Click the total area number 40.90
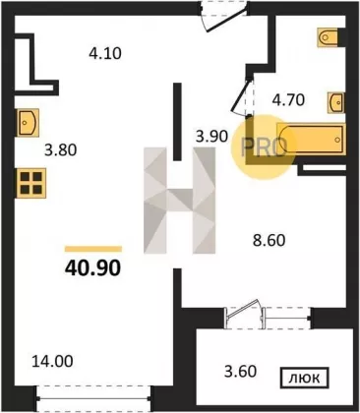coord(93,268)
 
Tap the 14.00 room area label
coord(52,362)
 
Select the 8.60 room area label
coord(269,240)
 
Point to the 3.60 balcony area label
coord(240,372)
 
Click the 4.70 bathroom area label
coord(288,100)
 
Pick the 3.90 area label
coord(211,136)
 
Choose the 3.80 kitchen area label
coord(61,150)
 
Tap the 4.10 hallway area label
coord(105,53)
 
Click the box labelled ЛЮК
coord(305,379)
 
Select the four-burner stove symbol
coord(31,183)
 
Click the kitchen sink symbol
coord(28,123)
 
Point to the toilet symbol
coord(328,37)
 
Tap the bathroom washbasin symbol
coord(336,102)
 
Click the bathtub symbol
coord(311,139)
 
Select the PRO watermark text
coord(264,147)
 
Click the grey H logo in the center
coord(179,201)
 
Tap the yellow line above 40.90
coord(93,249)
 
